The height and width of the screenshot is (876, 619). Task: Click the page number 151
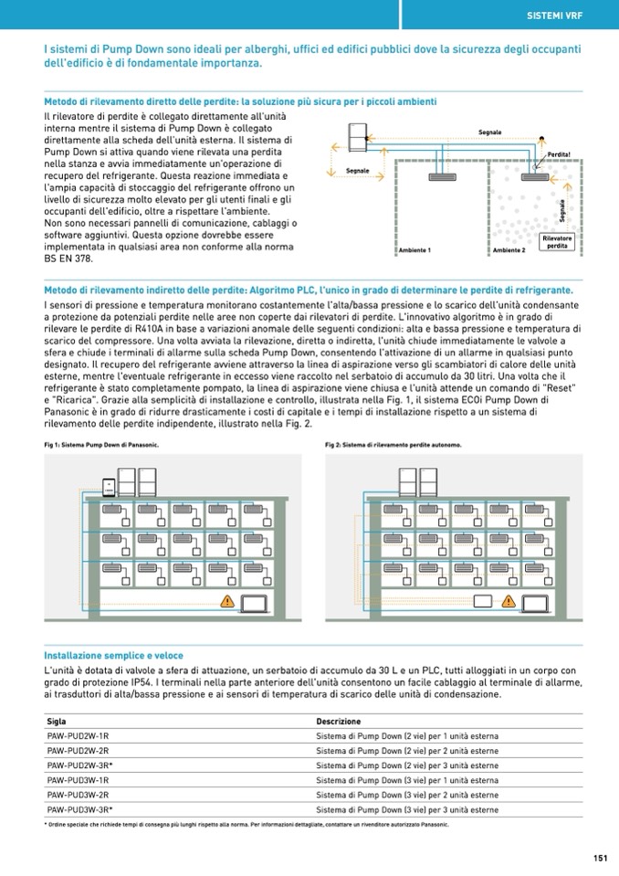point(600,858)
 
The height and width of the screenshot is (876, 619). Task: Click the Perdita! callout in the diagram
point(559,155)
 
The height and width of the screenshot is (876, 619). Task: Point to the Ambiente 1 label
point(415,250)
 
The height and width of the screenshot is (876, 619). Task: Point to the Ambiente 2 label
point(509,250)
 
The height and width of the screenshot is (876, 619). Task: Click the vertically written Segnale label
point(561,213)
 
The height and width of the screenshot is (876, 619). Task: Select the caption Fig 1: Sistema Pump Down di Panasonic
point(101,445)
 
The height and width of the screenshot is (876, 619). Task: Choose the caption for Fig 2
point(393,445)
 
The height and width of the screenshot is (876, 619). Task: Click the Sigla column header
point(56,722)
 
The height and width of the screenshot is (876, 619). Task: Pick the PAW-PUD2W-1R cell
point(78,736)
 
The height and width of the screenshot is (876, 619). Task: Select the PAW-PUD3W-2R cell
point(78,795)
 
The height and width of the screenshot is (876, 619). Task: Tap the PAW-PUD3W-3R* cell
point(79,809)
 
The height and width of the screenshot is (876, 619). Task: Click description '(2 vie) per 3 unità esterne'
point(406,765)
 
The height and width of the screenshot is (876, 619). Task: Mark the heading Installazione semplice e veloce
point(114,655)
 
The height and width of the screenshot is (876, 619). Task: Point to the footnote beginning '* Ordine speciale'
point(247,824)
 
